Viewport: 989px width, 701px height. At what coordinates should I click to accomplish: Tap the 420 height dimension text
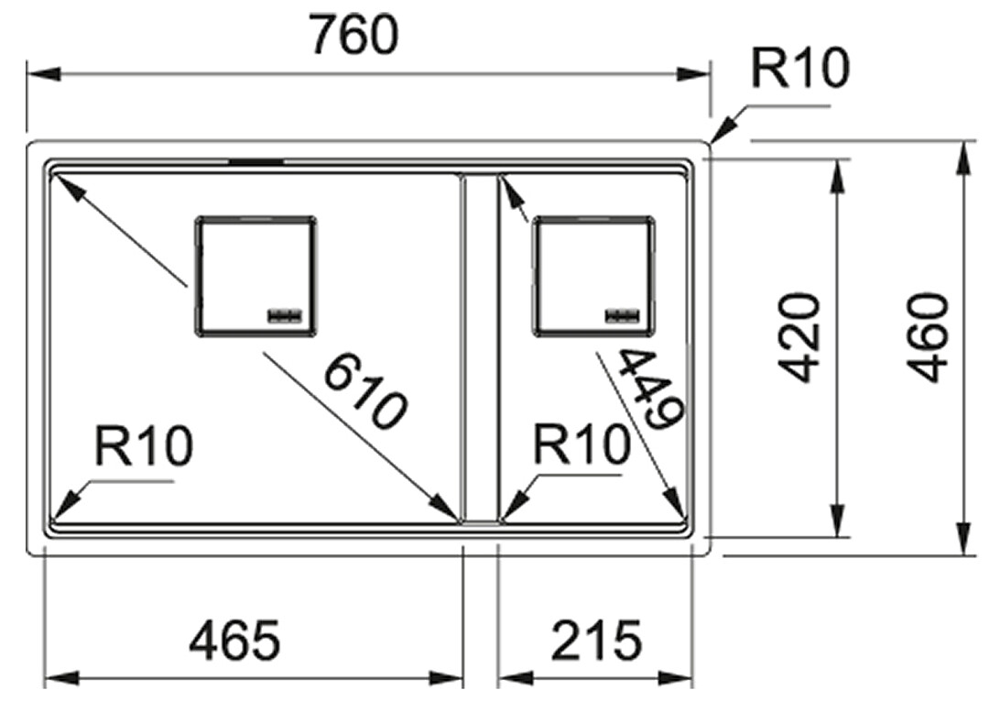tap(799, 337)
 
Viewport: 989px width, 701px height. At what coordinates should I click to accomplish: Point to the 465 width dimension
tap(234, 640)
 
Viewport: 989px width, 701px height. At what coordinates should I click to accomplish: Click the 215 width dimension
tap(596, 640)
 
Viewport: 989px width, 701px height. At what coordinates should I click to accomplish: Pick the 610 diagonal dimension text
tap(365, 392)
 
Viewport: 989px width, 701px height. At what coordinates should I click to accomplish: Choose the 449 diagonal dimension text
tap(649, 389)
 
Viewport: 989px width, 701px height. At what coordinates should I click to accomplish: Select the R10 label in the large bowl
tap(143, 445)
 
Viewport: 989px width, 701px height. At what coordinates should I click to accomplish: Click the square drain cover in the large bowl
tap(255, 276)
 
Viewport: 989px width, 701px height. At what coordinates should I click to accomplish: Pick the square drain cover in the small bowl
tap(594, 276)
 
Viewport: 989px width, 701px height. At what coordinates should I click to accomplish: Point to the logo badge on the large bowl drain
tap(286, 315)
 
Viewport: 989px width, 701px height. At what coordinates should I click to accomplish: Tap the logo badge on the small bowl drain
tap(624, 315)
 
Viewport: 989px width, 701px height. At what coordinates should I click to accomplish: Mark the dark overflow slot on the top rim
tap(255, 162)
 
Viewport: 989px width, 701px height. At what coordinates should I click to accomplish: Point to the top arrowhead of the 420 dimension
tap(837, 176)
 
